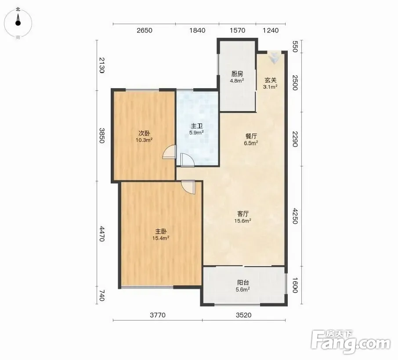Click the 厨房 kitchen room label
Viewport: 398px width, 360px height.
tap(237, 74)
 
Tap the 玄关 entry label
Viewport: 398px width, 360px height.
tap(270, 80)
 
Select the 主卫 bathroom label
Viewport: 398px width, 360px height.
tap(197, 126)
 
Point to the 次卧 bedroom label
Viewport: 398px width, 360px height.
tap(144, 133)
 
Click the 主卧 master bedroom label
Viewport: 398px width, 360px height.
tap(161, 231)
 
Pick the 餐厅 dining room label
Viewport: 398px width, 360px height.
tap(251, 136)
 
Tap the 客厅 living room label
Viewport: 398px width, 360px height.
tap(242, 214)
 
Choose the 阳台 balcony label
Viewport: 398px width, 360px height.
tap(243, 282)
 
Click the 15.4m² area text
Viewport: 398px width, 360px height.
tap(161, 238)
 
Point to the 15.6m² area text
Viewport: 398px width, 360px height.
tap(242, 220)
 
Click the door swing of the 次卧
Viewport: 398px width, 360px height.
tap(170, 152)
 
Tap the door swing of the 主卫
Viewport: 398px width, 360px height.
tap(187, 160)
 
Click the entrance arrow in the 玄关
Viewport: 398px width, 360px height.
tap(274, 58)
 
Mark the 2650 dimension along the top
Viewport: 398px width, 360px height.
tap(145, 30)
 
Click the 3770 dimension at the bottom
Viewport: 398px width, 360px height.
tap(158, 315)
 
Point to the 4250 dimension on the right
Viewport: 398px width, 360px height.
tap(295, 216)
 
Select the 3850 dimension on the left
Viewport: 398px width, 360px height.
tap(102, 135)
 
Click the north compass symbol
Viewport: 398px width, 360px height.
tap(18, 23)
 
